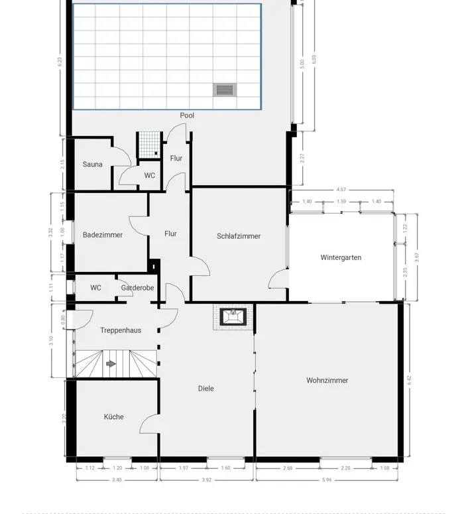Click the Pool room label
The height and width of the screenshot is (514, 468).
pyautogui.click(x=187, y=115)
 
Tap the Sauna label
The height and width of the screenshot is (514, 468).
pyautogui.click(x=92, y=164)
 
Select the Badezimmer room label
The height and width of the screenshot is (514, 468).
pyautogui.click(x=103, y=235)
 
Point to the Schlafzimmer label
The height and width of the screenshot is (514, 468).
pyautogui.click(x=239, y=236)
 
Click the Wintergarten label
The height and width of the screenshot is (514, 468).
pyautogui.click(x=341, y=257)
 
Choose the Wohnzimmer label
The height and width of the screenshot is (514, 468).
pyautogui.click(x=327, y=381)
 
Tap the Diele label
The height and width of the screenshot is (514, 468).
pyautogui.click(x=206, y=389)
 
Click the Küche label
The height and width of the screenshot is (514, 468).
pyautogui.click(x=113, y=417)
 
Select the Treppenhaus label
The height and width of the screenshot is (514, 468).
pyautogui.click(x=121, y=330)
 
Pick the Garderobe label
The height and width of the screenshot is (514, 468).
pyautogui.click(x=137, y=288)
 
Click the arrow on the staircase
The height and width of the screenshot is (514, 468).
pyautogui.click(x=111, y=364)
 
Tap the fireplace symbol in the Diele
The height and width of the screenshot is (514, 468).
pyautogui.click(x=233, y=316)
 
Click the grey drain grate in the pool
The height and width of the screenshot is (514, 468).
pyautogui.click(x=224, y=90)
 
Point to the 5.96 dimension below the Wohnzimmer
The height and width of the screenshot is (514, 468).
pyautogui.click(x=327, y=480)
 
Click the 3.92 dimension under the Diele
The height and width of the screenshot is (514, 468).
pyautogui.click(x=206, y=480)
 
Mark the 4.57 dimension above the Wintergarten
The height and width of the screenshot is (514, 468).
pyautogui.click(x=341, y=190)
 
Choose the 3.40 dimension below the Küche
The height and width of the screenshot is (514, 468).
pyautogui.click(x=117, y=480)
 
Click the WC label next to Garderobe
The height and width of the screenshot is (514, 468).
pyautogui.click(x=96, y=288)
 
